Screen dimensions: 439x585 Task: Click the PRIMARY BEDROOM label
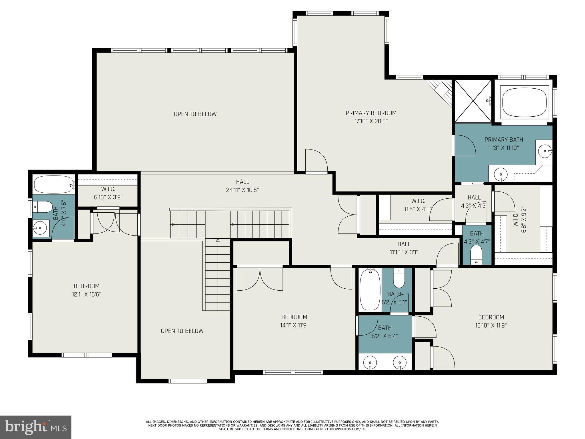coord(371,113)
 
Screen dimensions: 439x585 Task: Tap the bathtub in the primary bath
coord(524,102)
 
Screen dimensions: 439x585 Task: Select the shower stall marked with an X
coord(473,101)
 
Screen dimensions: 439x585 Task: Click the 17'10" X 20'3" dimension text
coord(371,121)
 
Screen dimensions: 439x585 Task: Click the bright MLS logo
coord(35,427)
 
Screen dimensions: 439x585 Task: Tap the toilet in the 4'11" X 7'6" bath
coord(43,207)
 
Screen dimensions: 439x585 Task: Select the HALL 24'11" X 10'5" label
coord(242,186)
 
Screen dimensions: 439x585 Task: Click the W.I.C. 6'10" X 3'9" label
coord(108,193)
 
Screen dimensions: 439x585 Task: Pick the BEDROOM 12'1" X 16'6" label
coord(87,290)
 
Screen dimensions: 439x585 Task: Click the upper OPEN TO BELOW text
coord(195,114)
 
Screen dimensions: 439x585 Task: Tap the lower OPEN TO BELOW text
coord(182,331)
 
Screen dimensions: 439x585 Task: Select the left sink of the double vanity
coord(370,363)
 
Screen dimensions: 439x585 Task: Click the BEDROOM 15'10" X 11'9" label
coord(491,321)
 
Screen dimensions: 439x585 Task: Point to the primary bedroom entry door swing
coord(316,161)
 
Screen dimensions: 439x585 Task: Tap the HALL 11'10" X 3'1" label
coord(404,248)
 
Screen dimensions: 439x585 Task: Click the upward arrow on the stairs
coord(218,241)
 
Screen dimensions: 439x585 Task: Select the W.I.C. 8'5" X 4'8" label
coord(418,205)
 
